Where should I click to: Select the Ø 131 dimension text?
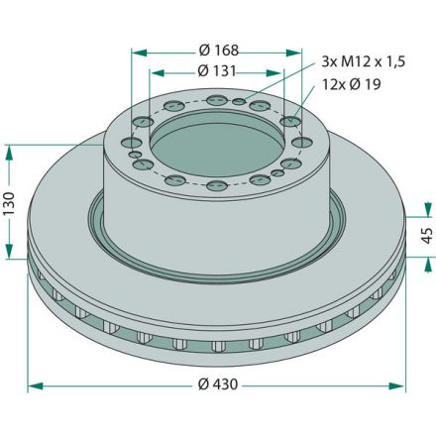(x=217, y=70)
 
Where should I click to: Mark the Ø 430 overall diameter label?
(x=217, y=383)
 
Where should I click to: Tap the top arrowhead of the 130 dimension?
(x=11, y=150)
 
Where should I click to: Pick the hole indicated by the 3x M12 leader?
(x=257, y=105)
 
